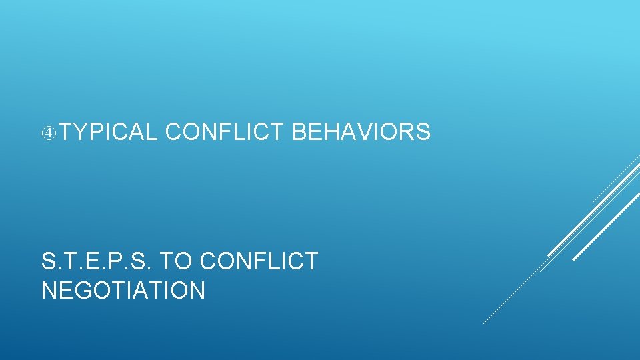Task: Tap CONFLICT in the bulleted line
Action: [224, 133]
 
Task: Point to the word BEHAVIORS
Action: [361, 133]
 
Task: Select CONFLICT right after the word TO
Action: [259, 261]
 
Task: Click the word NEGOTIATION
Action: [123, 291]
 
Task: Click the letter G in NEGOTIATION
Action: [86, 291]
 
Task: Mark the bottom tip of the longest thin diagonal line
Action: [484, 323]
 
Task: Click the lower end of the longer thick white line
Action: [549, 255]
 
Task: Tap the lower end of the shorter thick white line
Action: [574, 259]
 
